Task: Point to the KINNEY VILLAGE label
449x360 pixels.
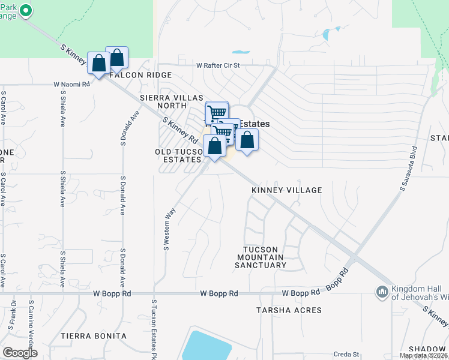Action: (x=286, y=190)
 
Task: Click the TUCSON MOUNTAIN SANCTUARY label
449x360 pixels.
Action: (x=261, y=257)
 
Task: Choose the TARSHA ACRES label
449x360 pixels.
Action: (x=289, y=310)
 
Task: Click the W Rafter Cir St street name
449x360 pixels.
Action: (x=217, y=65)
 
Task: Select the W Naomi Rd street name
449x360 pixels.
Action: (x=71, y=85)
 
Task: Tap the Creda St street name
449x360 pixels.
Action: (x=346, y=355)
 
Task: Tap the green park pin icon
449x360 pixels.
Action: (x=26, y=11)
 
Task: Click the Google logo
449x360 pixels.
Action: (x=20, y=352)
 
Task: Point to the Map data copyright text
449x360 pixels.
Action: (x=424, y=355)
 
